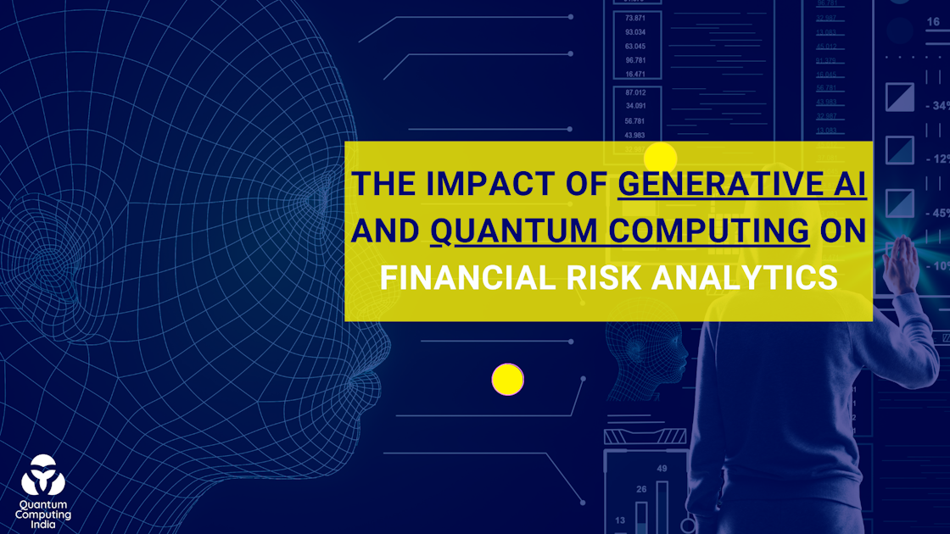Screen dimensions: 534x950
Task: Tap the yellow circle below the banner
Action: [x=507, y=379]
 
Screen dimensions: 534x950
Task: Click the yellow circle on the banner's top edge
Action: [x=660, y=157]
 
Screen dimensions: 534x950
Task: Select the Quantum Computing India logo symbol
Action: [x=42, y=476]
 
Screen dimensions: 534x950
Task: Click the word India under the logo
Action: [x=43, y=525]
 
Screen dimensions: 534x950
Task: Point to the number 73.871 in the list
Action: [x=634, y=18]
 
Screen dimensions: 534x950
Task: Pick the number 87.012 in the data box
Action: [x=634, y=92]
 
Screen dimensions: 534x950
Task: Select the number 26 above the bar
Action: [x=641, y=489]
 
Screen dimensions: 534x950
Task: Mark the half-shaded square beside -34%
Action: [x=899, y=97]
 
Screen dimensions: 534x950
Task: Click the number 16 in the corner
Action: [x=933, y=21]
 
